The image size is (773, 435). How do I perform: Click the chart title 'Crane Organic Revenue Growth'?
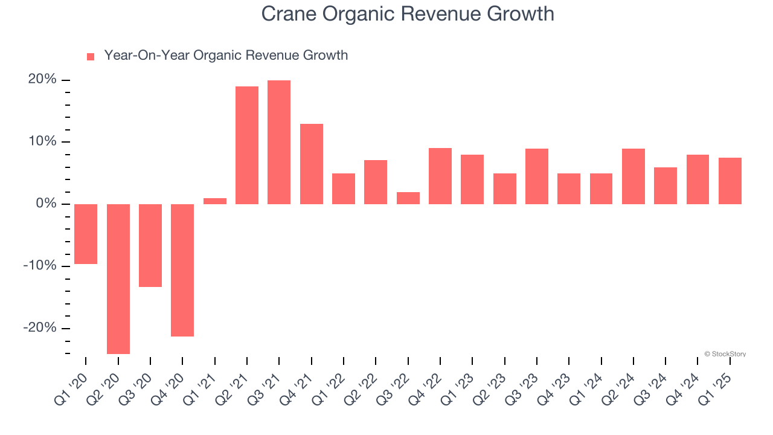pyautogui.click(x=408, y=14)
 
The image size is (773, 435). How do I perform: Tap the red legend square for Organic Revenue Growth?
pyautogui.click(x=91, y=57)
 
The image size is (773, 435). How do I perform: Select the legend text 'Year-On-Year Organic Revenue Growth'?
pyautogui.click(x=226, y=56)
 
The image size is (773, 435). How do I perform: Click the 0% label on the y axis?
pyautogui.click(x=47, y=204)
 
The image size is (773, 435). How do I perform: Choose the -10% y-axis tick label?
pyautogui.click(x=40, y=266)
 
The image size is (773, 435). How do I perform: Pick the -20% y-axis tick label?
pyautogui.click(x=40, y=327)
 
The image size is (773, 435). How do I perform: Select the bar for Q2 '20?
pyautogui.click(x=118, y=279)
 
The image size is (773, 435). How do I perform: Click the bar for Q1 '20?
pyautogui.click(x=86, y=234)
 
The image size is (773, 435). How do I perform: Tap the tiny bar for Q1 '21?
pyautogui.click(x=215, y=201)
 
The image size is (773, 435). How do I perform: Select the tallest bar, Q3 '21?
pyautogui.click(x=279, y=142)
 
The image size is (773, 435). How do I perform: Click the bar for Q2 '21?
pyautogui.click(x=247, y=145)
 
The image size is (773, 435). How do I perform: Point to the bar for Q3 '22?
pyautogui.click(x=408, y=198)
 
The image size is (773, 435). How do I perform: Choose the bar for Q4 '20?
pyautogui.click(x=182, y=270)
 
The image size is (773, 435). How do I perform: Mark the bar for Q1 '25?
pyautogui.click(x=730, y=181)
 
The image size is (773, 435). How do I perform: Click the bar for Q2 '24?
pyautogui.click(x=633, y=176)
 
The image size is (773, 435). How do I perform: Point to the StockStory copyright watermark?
pyautogui.click(x=725, y=354)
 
